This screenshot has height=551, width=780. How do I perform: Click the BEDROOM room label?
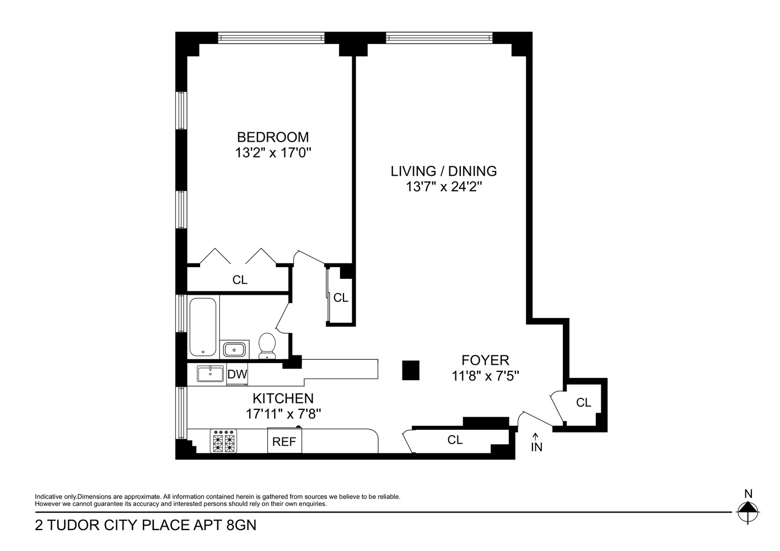tap(273, 137)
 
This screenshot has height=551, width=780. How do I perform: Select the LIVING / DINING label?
tap(444, 171)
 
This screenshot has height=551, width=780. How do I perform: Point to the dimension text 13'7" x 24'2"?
tap(444, 187)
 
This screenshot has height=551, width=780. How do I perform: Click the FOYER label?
tap(485, 360)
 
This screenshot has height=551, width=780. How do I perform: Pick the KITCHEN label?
tap(283, 398)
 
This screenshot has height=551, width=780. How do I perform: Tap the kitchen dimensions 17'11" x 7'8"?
tap(283, 414)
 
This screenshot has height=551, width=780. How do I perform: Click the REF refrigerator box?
tap(284, 441)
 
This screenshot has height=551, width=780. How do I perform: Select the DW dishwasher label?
tap(237, 374)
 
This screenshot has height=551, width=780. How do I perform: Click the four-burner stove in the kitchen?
tap(224, 441)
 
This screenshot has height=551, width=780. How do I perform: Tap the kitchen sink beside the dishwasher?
tap(210, 374)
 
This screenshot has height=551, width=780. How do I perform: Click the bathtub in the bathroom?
tap(203, 327)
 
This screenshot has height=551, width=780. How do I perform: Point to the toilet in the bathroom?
tap(267, 344)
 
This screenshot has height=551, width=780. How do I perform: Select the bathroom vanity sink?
tap(235, 349)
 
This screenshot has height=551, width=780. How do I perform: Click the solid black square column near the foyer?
tap(411, 370)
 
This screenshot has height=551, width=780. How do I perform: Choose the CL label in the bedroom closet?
tap(240, 280)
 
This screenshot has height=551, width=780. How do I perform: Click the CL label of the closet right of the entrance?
tap(583, 403)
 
